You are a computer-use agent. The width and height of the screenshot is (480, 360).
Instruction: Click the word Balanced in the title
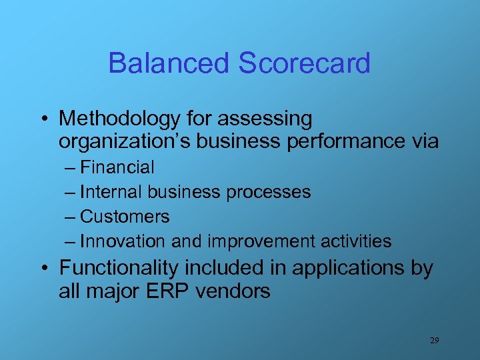[x=168, y=63]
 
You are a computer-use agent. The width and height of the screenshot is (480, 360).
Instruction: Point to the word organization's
[x=128, y=141]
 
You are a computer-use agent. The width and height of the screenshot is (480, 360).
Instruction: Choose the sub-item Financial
[x=117, y=167]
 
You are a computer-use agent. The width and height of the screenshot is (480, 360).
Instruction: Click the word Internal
[x=111, y=192]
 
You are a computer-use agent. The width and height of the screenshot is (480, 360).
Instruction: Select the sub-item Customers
[x=125, y=217]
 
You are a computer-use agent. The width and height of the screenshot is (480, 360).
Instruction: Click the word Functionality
[x=119, y=268]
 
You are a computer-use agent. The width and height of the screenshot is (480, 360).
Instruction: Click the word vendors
[x=234, y=291]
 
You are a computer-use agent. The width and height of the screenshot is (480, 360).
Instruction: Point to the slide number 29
[x=434, y=341]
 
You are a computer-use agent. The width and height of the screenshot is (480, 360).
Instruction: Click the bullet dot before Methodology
[x=43, y=120]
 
